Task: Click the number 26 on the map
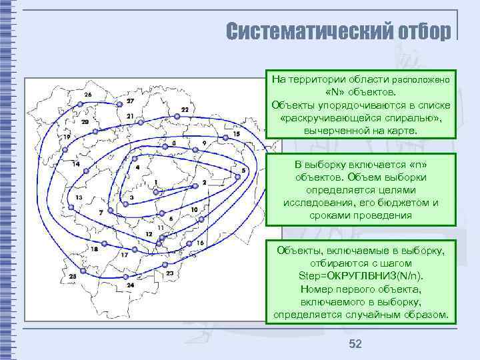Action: [88, 95]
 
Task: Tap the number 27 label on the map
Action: [130, 101]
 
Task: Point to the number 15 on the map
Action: [237, 135]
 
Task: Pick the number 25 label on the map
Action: [72, 276]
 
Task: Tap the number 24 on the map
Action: [130, 285]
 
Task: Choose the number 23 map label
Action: [170, 273]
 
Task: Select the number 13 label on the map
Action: [79, 197]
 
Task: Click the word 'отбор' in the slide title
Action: [424, 31]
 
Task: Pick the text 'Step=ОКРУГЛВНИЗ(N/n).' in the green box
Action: [361, 276]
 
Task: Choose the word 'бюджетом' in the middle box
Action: [403, 203]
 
